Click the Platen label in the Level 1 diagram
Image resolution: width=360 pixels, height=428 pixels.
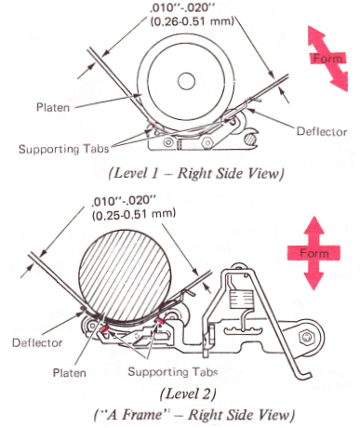(x=53, y=107)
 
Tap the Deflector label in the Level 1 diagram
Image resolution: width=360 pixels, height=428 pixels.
(x=322, y=131)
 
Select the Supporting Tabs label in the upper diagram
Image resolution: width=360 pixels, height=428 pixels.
(x=64, y=149)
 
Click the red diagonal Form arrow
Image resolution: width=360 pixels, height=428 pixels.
(x=327, y=59)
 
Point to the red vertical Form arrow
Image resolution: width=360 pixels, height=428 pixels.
(x=313, y=253)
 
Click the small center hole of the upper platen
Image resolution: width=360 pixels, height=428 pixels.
(x=186, y=81)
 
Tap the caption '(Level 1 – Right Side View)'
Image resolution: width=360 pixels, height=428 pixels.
(x=196, y=173)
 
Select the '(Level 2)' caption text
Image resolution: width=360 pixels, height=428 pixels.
(x=188, y=394)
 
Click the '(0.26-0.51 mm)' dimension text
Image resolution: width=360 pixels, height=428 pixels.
(x=192, y=21)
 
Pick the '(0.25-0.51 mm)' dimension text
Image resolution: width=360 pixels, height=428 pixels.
(x=134, y=215)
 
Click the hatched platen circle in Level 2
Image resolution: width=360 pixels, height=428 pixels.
(x=126, y=275)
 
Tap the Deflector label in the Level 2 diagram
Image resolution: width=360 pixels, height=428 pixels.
(x=37, y=342)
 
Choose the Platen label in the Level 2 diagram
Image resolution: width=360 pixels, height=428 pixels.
(x=70, y=372)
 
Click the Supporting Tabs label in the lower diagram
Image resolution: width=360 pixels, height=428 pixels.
(x=173, y=371)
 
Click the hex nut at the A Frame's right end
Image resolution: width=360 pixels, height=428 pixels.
(x=306, y=337)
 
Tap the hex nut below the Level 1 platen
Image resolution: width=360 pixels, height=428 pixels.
(x=207, y=143)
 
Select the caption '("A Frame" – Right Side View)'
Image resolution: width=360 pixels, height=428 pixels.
(x=193, y=415)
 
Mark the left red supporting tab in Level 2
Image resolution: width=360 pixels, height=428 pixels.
(x=105, y=328)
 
